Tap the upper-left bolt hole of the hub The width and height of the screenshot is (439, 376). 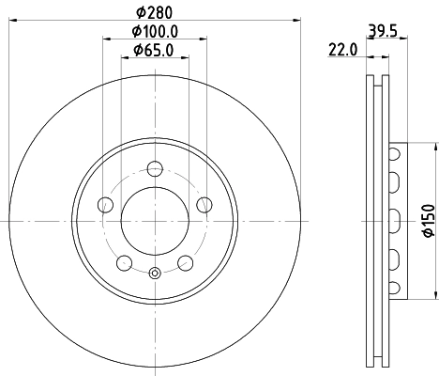106,205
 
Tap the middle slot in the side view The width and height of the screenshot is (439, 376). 395,221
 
